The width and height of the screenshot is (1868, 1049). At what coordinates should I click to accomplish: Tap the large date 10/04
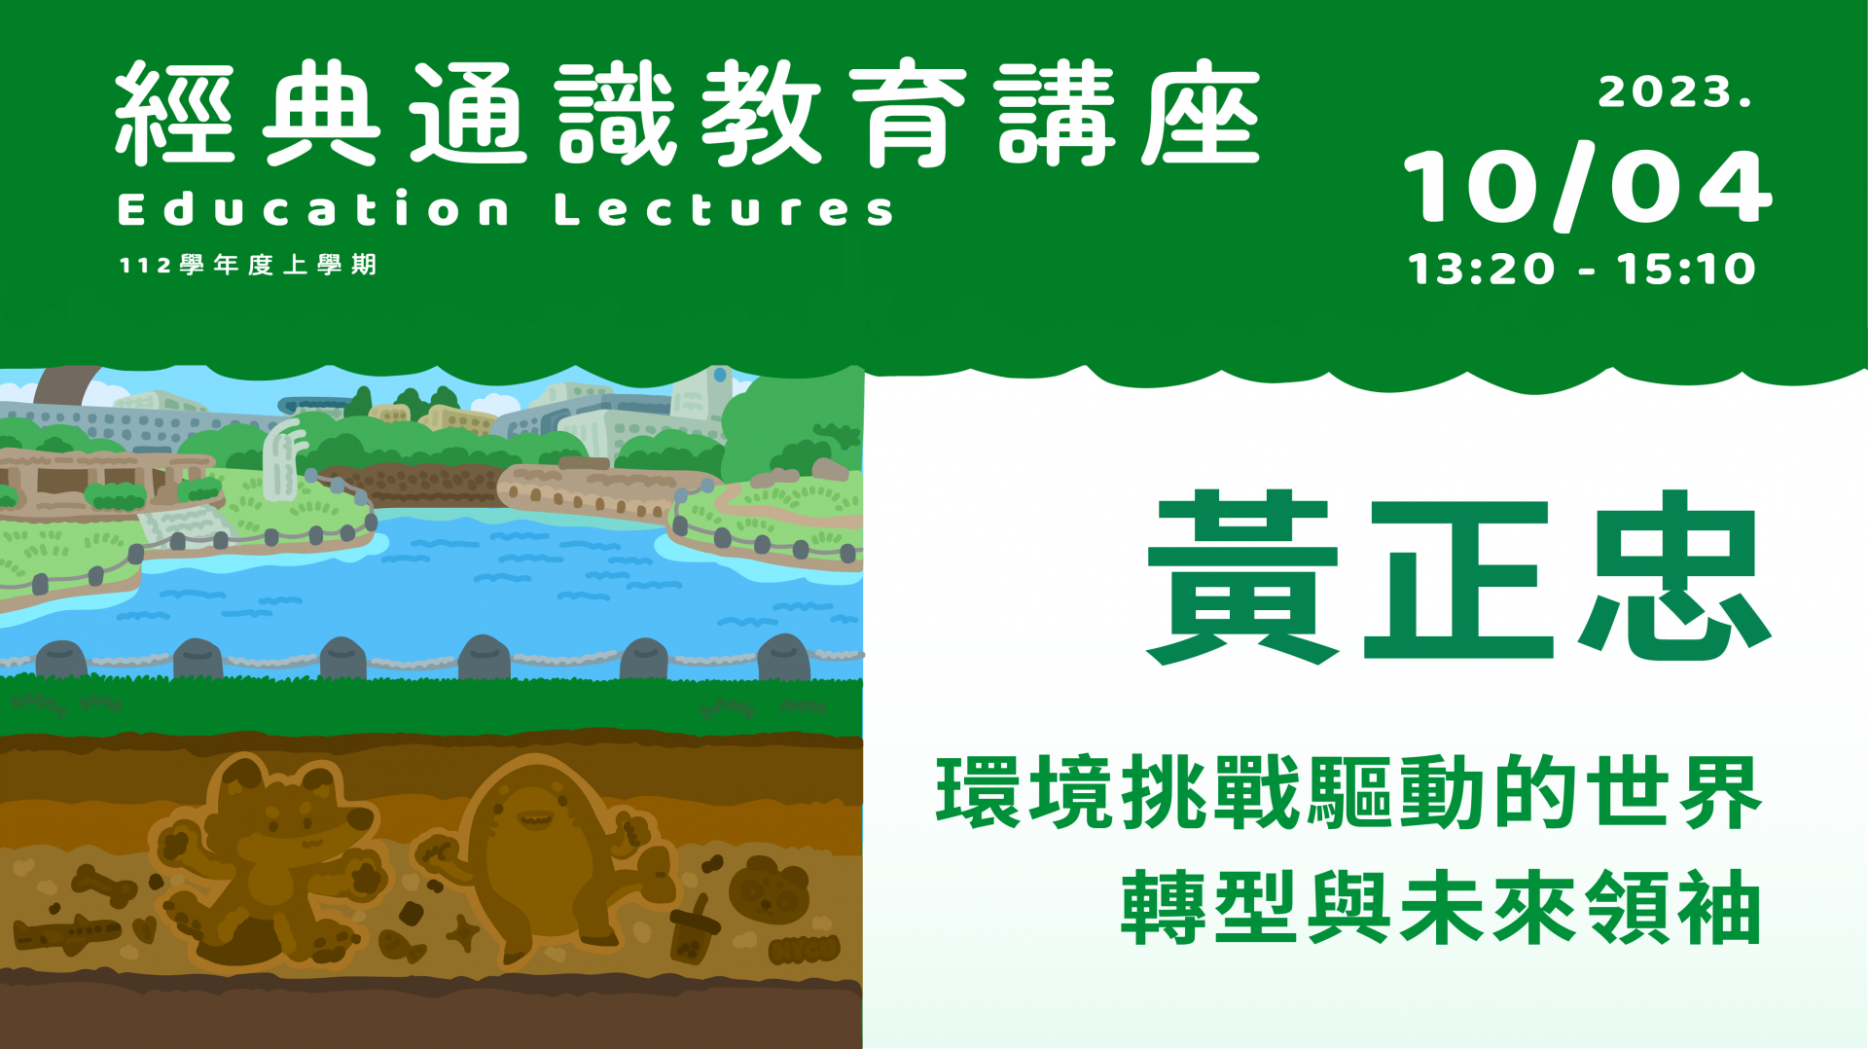[x=1588, y=187]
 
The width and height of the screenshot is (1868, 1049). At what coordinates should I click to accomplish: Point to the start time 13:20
[x=1481, y=269]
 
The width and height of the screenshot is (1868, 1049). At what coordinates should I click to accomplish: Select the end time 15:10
[x=1686, y=269]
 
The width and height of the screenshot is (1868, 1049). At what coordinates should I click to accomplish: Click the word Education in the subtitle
[x=313, y=208]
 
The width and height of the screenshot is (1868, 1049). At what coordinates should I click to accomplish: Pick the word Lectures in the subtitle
[x=724, y=208]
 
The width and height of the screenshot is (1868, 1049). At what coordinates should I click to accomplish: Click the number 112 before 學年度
[x=146, y=266]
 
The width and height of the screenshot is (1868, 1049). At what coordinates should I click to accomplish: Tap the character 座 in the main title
[x=1201, y=112]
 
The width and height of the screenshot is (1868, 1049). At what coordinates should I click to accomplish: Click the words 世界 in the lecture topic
[x=1673, y=792]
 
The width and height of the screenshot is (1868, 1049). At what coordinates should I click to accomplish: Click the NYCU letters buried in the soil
[x=804, y=949]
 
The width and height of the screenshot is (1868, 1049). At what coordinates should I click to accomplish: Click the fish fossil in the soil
[x=401, y=944]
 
